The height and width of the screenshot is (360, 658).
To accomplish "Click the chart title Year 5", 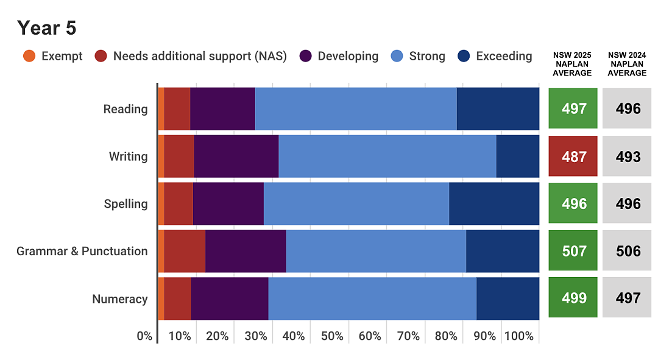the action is point(46,28).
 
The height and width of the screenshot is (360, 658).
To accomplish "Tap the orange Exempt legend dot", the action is point(29,56).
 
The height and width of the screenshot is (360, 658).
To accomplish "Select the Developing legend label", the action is point(348,56).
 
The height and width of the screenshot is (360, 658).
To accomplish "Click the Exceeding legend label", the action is point(504,56).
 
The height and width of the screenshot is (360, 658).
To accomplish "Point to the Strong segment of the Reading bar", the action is point(356,108).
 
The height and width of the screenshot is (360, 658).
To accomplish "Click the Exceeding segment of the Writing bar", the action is point(518,156).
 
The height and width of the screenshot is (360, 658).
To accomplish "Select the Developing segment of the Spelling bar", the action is point(228,203).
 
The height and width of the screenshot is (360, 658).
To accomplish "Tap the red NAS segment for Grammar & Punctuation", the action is point(185,251).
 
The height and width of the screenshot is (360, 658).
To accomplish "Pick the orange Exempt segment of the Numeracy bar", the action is point(161,298).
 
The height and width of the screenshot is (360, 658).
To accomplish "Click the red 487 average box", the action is point(573,156).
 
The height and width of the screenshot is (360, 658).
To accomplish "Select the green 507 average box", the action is point(573,250).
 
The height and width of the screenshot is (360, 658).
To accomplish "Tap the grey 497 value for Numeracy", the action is point(628,298).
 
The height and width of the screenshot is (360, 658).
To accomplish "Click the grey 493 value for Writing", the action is point(628,157).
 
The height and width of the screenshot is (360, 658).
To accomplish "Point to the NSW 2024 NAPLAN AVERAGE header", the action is point(627,64).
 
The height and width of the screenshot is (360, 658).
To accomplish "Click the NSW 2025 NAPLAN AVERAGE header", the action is point(572,64).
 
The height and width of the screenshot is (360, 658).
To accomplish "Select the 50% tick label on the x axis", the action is point(332,336).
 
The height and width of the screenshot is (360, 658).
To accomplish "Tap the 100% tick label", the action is point(518,336).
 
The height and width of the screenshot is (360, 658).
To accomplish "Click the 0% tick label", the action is point(144,336).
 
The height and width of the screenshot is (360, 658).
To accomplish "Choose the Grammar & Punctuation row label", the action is point(82,251).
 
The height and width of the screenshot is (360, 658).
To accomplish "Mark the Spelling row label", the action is point(126,204).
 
